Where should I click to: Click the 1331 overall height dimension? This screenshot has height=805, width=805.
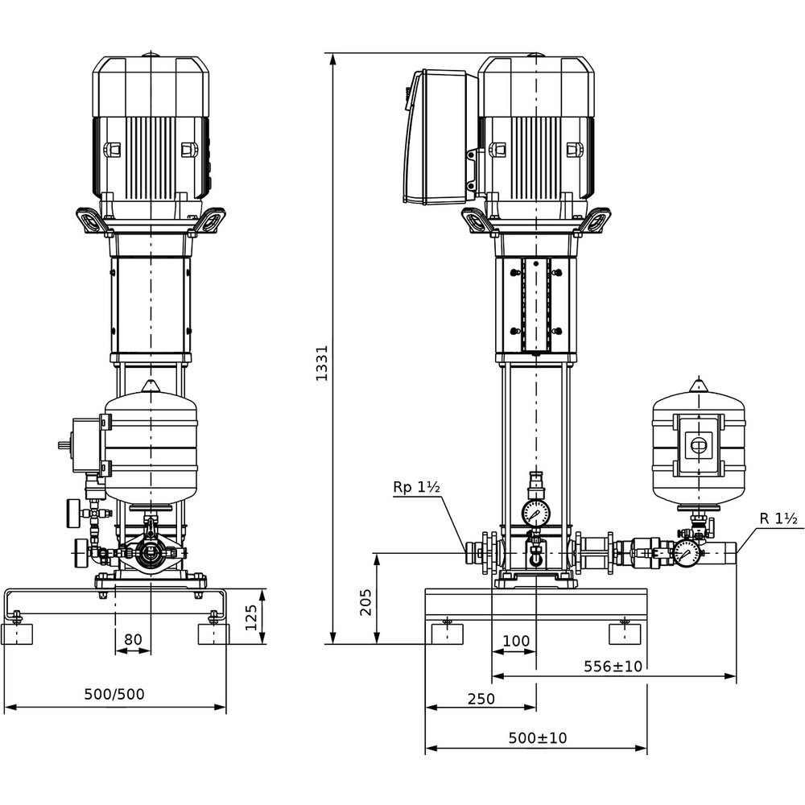tap(322, 362)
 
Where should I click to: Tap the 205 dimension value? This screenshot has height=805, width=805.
tap(365, 601)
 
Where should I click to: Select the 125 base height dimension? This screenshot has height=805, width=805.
tap(251, 617)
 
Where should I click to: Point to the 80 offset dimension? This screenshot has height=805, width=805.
tap(133, 639)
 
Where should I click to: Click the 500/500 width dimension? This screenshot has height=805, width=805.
tap(114, 694)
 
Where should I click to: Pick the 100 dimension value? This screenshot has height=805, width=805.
tap(516, 641)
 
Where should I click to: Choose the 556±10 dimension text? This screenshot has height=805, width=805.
tap(613, 667)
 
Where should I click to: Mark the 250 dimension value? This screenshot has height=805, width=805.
tap(481, 699)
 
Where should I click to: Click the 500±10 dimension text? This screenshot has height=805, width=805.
tap(538, 737)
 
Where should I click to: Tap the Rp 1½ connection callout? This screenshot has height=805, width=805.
tap(416, 487)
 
